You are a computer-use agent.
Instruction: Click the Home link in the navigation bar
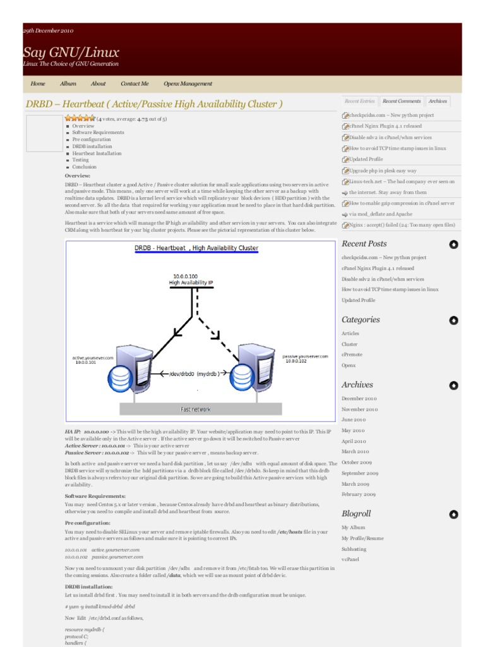(x=38, y=83)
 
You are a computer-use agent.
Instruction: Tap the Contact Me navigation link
(x=135, y=83)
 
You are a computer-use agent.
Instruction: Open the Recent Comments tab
(x=402, y=101)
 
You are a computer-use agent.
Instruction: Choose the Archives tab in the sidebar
(x=438, y=101)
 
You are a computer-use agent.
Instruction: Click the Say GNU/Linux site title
(x=71, y=52)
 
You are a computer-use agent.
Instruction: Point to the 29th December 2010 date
(x=48, y=30)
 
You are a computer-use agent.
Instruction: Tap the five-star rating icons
(x=80, y=118)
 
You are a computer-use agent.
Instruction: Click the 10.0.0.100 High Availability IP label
(x=191, y=280)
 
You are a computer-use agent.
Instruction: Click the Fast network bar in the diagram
(x=196, y=409)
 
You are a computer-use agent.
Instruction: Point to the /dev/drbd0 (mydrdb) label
(x=194, y=373)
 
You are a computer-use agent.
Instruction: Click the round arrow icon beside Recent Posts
(x=453, y=245)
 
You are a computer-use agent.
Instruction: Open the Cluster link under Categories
(x=349, y=344)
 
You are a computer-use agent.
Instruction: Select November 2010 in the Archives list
(x=359, y=409)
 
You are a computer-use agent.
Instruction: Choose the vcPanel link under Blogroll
(x=350, y=560)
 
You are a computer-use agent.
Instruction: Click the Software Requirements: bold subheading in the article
(x=95, y=497)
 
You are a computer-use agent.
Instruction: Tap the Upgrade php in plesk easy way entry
(x=383, y=171)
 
